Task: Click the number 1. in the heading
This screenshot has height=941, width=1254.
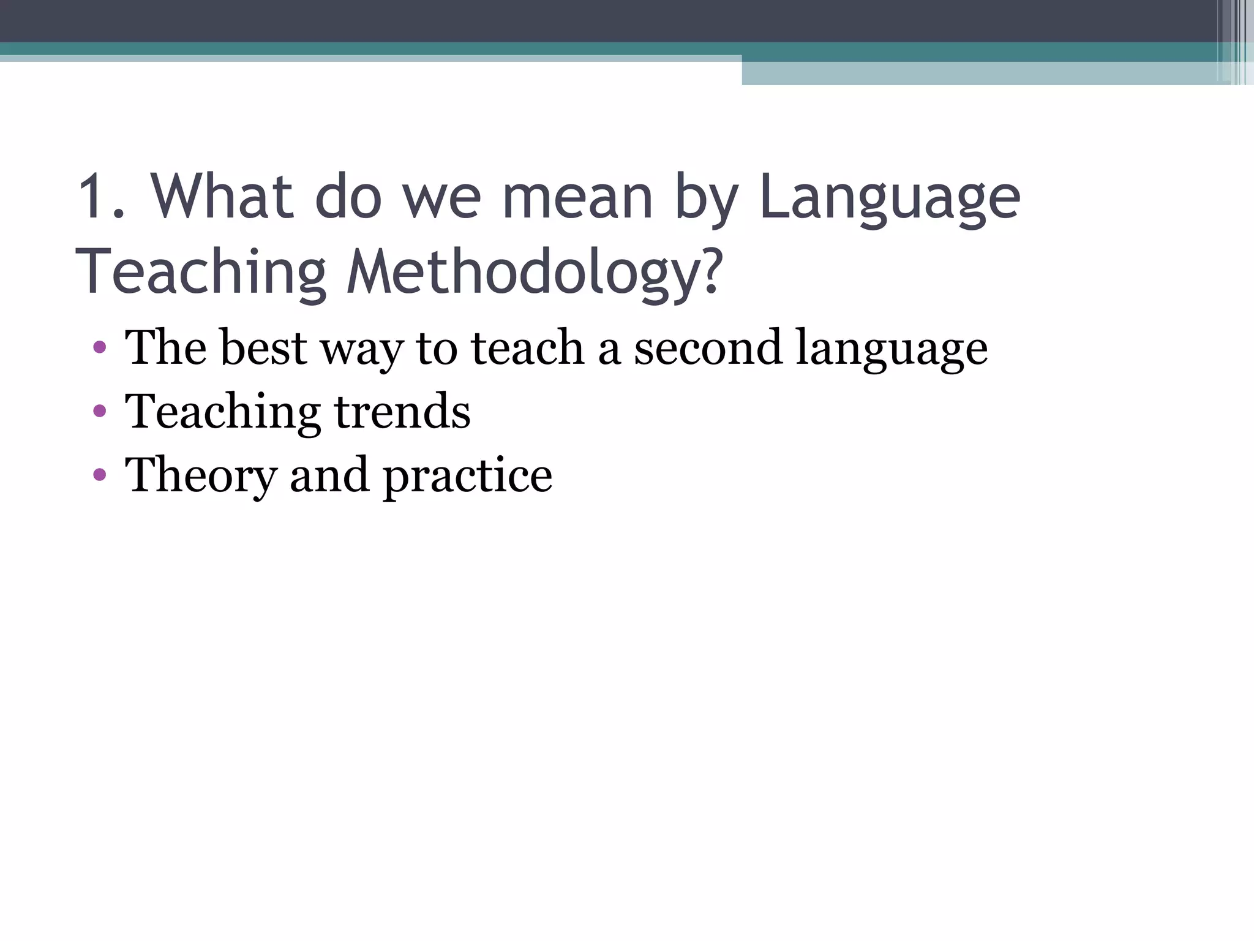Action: (102, 197)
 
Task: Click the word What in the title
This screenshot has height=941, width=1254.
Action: (222, 197)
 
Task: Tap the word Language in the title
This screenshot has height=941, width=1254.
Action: (889, 197)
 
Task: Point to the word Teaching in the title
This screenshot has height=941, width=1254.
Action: (201, 272)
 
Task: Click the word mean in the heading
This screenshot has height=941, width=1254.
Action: (577, 197)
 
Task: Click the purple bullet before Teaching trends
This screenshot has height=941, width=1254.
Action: (100, 412)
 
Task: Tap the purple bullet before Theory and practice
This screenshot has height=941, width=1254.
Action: (100, 475)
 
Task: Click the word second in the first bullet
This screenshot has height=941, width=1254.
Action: (708, 348)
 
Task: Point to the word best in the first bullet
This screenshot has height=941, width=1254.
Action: (263, 348)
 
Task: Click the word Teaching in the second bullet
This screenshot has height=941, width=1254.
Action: (223, 412)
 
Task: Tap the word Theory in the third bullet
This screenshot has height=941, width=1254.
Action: (201, 475)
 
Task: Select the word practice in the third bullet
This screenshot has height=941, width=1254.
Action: (468, 475)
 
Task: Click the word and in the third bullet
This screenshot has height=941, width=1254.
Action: (329, 475)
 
